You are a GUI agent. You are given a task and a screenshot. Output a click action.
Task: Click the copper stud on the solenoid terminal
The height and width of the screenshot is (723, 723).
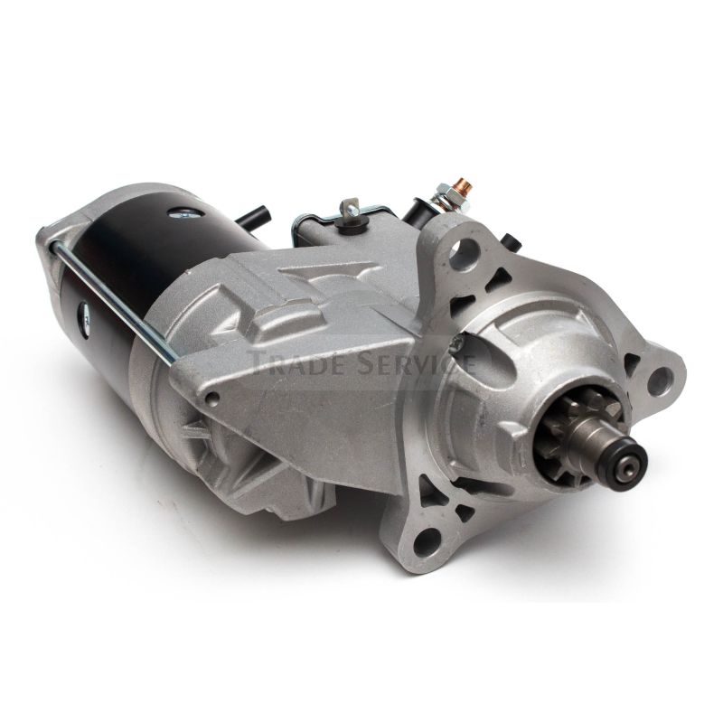[465, 184]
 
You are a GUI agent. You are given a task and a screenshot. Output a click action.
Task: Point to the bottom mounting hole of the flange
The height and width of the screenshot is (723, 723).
[427, 542]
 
